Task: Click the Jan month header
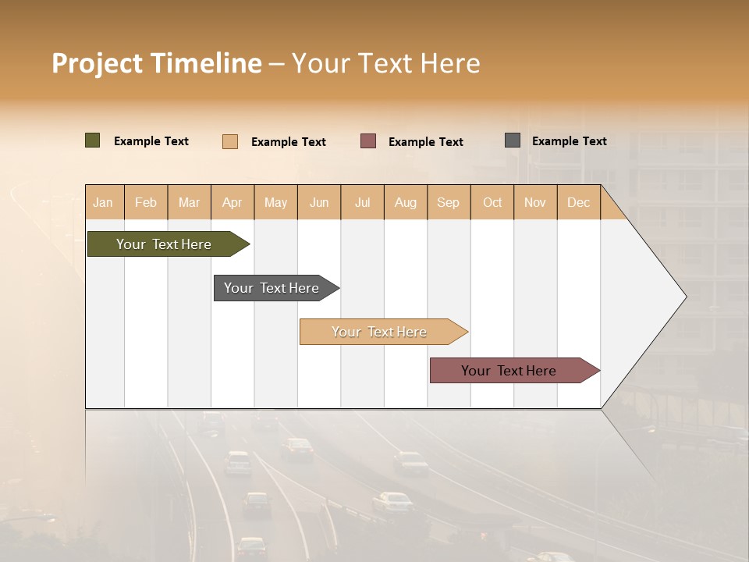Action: pyautogui.click(x=103, y=202)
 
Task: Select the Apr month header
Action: pyautogui.click(x=233, y=202)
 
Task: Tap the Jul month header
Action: pyautogui.click(x=362, y=202)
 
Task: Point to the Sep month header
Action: pyautogui.click(x=448, y=202)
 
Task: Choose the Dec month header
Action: pyautogui.click(x=578, y=202)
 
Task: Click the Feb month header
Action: pyautogui.click(x=146, y=202)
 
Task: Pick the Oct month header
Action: pyautogui.click(x=492, y=202)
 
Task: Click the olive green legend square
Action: pyautogui.click(x=93, y=140)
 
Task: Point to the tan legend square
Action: pyautogui.click(x=230, y=141)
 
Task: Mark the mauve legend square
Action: pyautogui.click(x=368, y=141)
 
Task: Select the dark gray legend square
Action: pyautogui.click(x=513, y=140)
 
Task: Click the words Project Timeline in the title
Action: pyautogui.click(x=157, y=63)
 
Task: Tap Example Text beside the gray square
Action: pyautogui.click(x=569, y=141)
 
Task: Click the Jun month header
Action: pyautogui.click(x=319, y=202)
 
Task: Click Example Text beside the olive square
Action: pyautogui.click(x=151, y=141)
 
